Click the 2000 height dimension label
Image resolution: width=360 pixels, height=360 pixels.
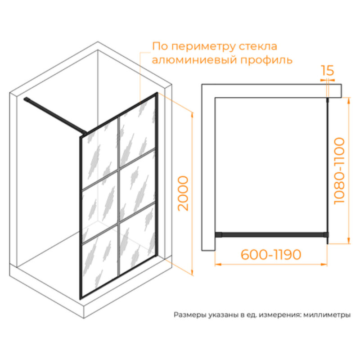[x=183, y=193]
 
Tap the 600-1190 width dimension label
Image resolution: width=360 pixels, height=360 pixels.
[x=271, y=254]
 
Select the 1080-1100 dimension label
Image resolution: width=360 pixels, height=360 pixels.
[x=339, y=171]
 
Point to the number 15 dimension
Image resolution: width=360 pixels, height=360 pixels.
[x=328, y=71]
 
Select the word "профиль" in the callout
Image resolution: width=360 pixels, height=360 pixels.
[x=266, y=61]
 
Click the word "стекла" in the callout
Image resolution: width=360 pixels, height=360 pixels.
[x=258, y=46]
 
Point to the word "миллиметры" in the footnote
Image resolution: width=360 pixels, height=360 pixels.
[x=327, y=315]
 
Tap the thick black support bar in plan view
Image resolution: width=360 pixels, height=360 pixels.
[x=272, y=234]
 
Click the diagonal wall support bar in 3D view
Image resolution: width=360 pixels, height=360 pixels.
[x=55, y=116]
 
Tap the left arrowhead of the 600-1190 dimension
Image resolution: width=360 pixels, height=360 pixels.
[x=217, y=265]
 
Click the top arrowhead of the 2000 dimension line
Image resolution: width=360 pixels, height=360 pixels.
[x=192, y=115]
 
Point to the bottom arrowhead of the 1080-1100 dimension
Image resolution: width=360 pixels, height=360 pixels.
[x=349, y=241]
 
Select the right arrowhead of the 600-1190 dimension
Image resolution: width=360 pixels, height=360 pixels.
[x=324, y=265]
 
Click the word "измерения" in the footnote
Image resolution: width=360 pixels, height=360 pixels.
[x=279, y=315]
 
